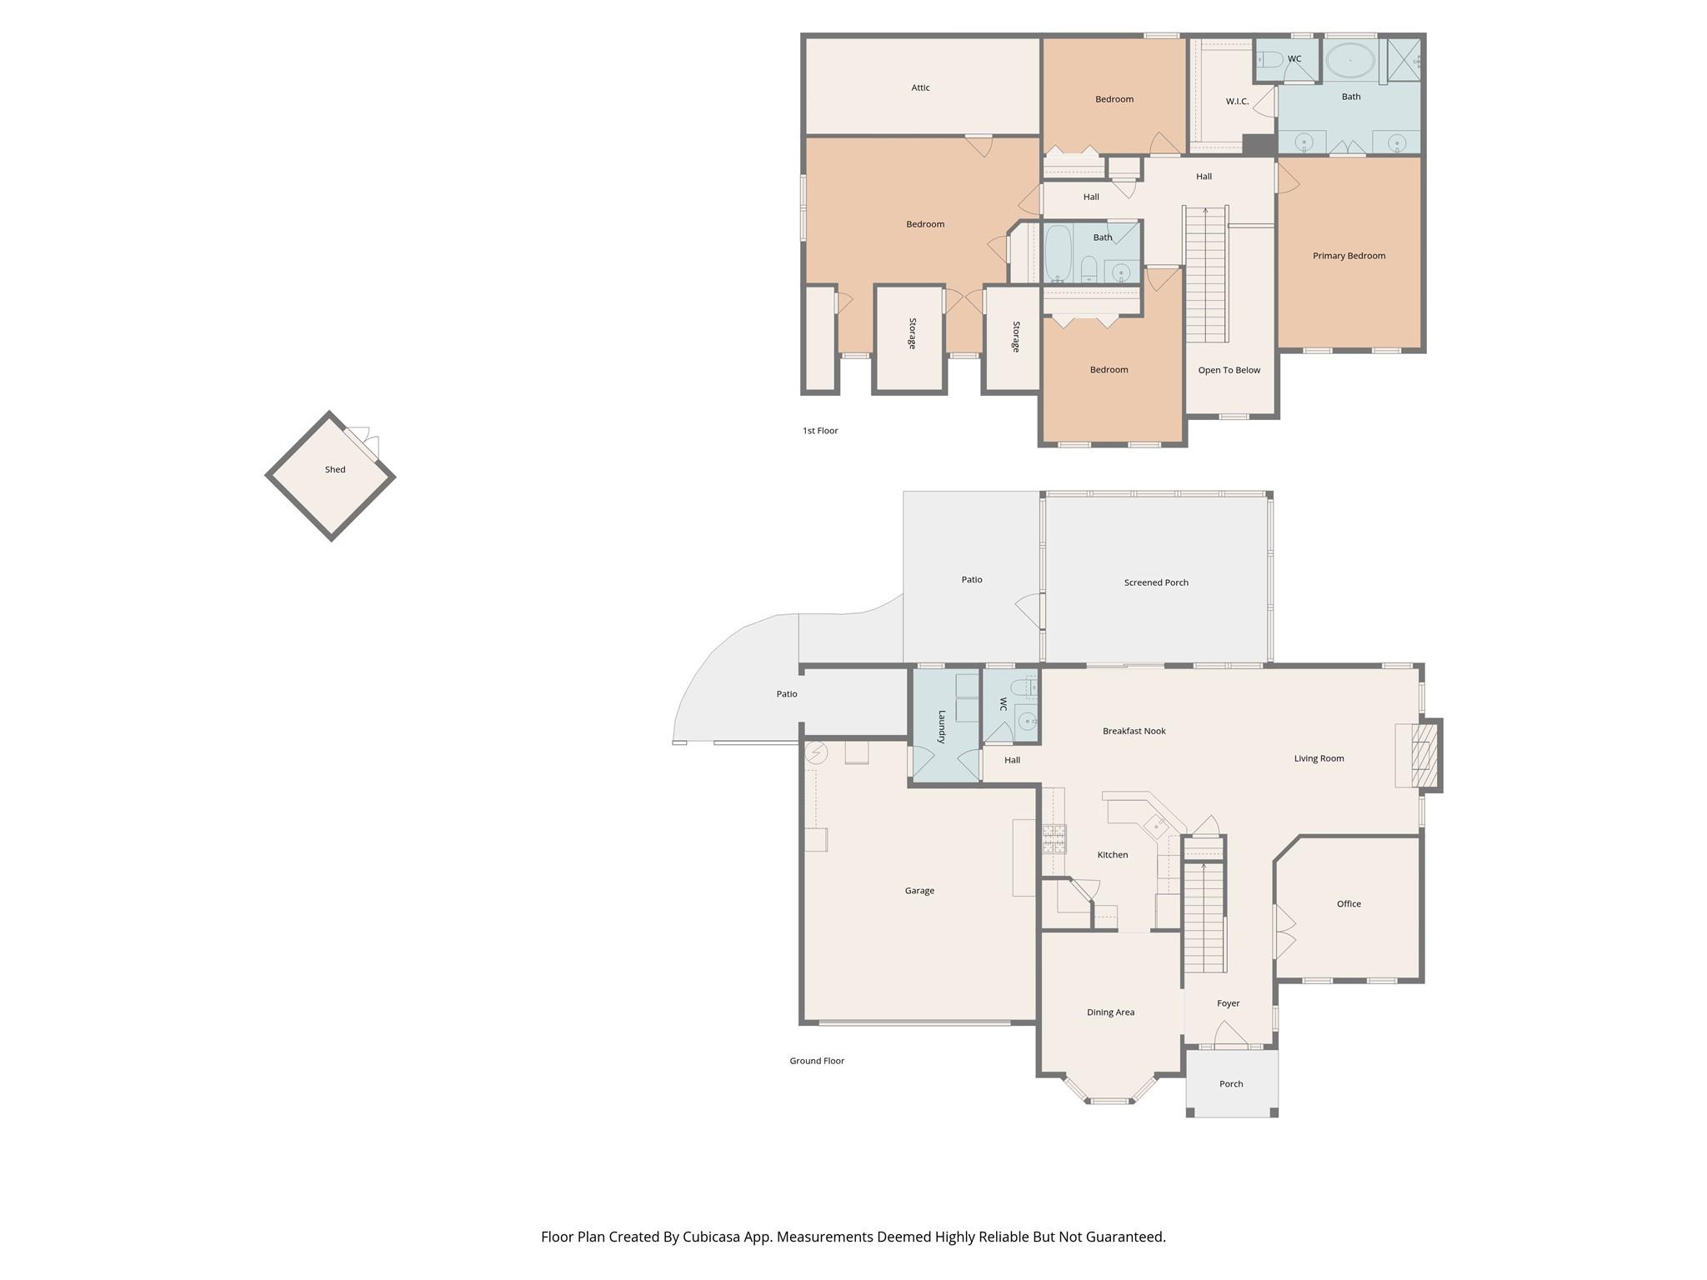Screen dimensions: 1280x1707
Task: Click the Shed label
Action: click(335, 470)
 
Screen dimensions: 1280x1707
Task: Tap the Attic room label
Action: click(920, 87)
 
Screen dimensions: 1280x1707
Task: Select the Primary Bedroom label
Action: click(1349, 256)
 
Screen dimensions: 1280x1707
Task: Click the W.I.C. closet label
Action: click(1237, 102)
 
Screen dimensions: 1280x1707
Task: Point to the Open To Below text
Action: click(1229, 370)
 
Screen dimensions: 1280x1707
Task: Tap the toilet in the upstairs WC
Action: click(1270, 59)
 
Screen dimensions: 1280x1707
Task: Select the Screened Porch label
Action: click(1156, 582)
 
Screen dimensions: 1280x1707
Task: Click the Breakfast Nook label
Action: click(1134, 731)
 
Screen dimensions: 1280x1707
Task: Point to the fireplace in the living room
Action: click(1419, 756)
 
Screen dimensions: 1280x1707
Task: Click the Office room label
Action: click(1349, 903)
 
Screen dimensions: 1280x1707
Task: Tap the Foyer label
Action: click(1228, 1003)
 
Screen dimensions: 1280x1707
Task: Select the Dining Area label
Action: click(1110, 1012)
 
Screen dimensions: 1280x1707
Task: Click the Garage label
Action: click(919, 891)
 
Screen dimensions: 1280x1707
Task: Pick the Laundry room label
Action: click(942, 727)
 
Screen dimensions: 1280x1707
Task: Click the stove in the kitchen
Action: click(1054, 838)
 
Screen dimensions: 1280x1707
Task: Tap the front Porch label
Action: click(1231, 1084)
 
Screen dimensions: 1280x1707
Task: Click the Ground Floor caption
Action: click(817, 1061)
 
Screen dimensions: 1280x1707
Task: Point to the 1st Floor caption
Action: click(820, 431)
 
